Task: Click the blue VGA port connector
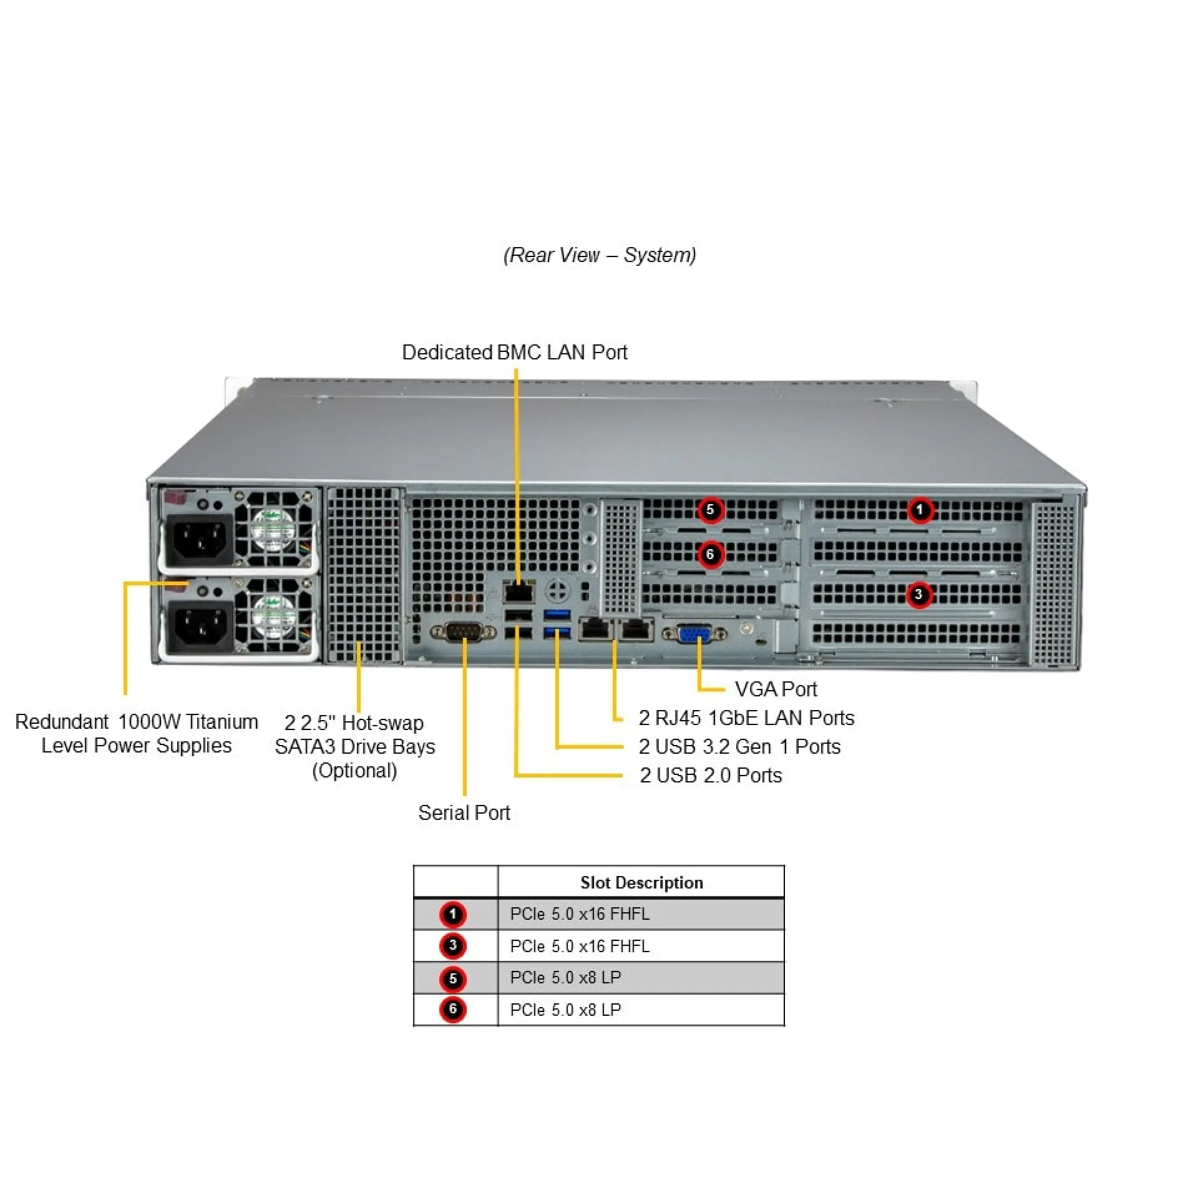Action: [x=694, y=634]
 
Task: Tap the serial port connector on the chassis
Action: [x=463, y=632]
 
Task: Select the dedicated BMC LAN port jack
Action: [x=519, y=592]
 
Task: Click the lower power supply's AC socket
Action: [x=198, y=626]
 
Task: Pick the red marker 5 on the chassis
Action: [x=710, y=510]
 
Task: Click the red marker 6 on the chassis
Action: [x=710, y=554]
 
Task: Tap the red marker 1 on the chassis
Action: [x=920, y=510]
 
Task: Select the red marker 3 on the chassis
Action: [x=918, y=595]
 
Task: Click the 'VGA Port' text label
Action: [x=776, y=689]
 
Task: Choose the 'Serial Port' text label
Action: [x=464, y=812]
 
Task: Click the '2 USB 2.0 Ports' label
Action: [x=711, y=775]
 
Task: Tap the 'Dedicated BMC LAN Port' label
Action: [x=515, y=352]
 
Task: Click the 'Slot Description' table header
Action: [x=641, y=882]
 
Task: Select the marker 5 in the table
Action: [x=453, y=978]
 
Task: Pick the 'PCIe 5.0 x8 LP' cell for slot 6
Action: [x=565, y=1010]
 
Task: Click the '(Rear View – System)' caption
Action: [x=600, y=255]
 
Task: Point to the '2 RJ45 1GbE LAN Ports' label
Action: [x=746, y=718]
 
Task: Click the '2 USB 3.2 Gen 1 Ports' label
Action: [x=739, y=746]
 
